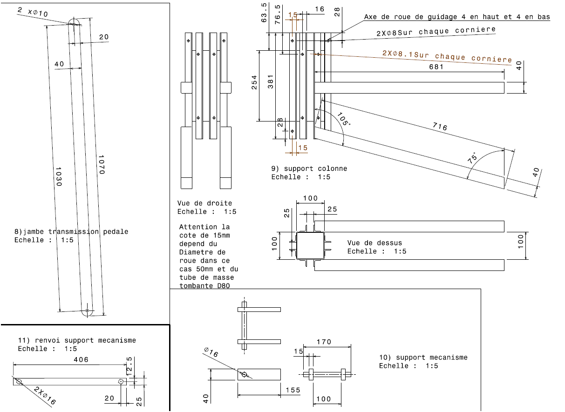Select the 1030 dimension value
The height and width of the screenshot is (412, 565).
pos(58,177)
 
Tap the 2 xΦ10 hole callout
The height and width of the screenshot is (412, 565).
pos(33,12)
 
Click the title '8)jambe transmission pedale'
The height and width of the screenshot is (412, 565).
pos(71,231)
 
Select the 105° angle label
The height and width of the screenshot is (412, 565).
pos(343,120)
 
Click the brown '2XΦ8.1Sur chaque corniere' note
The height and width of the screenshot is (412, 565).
pos(447,56)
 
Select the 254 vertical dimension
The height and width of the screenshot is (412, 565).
pos(254,84)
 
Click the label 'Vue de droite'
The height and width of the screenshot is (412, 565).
pos(204,203)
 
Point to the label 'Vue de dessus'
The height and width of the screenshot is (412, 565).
pos(374,243)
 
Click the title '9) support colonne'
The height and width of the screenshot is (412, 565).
pos(309,169)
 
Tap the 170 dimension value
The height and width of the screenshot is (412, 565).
pos(324,342)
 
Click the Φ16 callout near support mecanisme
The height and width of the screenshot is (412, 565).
pos(211,352)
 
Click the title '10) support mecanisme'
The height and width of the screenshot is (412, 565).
pos(423,357)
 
